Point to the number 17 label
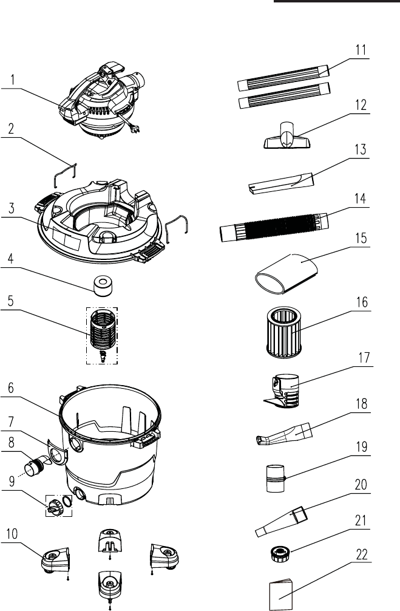(362, 359)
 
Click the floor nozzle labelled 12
(287, 137)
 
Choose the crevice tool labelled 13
(281, 184)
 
